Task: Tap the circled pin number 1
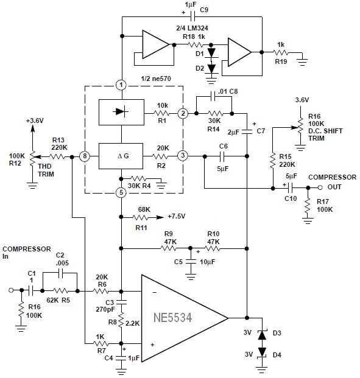(x=122, y=85)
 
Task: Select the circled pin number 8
(x=85, y=156)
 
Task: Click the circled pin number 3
(x=183, y=156)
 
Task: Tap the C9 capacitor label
(x=203, y=10)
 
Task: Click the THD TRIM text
(x=44, y=169)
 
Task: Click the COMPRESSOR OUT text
(x=332, y=181)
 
